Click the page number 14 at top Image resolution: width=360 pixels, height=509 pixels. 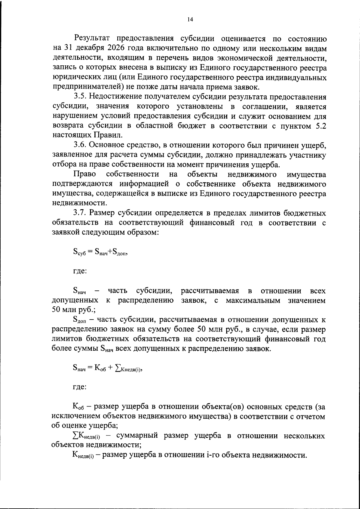point(190,19)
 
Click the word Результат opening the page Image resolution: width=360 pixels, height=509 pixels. point(93,39)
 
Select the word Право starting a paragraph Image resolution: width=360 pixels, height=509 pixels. point(84,174)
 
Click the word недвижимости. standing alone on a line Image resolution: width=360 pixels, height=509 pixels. point(79,203)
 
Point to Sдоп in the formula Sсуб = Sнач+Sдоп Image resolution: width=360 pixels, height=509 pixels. point(120,252)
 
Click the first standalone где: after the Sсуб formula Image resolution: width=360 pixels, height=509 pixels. point(80,271)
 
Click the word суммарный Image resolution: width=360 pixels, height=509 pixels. point(137,436)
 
